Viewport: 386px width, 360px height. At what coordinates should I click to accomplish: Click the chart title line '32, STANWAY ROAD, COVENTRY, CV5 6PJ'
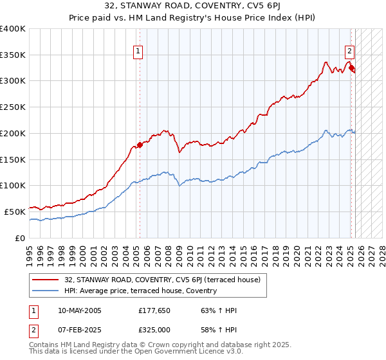tap(192, 7)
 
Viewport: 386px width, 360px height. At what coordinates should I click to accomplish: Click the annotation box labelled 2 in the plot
tap(349, 52)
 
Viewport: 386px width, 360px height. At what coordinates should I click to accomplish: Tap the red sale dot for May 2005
tap(140, 145)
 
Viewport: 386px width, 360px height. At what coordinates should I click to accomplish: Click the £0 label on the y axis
tap(21, 238)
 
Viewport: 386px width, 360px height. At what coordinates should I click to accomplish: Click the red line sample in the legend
tap(46, 280)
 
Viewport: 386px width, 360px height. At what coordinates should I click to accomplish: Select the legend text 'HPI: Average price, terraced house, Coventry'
tap(140, 291)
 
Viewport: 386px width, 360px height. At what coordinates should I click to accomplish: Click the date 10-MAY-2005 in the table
tap(80, 310)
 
